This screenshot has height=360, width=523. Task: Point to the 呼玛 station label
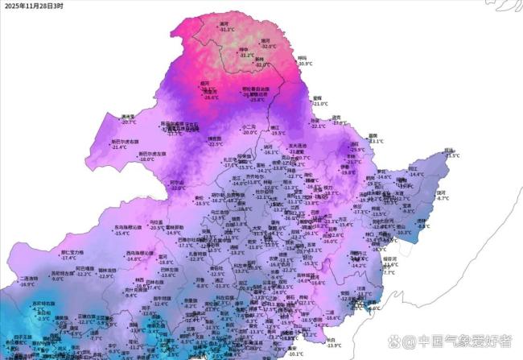tap(302, 57)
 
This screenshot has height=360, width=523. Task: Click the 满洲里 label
tap(128, 117)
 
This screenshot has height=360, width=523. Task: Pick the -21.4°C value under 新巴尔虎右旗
tap(120, 148)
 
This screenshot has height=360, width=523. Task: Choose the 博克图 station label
tap(215, 138)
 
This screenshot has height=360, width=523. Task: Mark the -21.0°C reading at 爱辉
tap(321, 104)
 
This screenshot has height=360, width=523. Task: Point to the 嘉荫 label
tap(372, 135)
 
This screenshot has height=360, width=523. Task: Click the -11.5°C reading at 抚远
tap(453, 155)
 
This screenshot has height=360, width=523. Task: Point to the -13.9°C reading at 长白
tap(333, 346)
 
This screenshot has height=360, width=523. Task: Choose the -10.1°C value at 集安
tap(295, 354)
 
